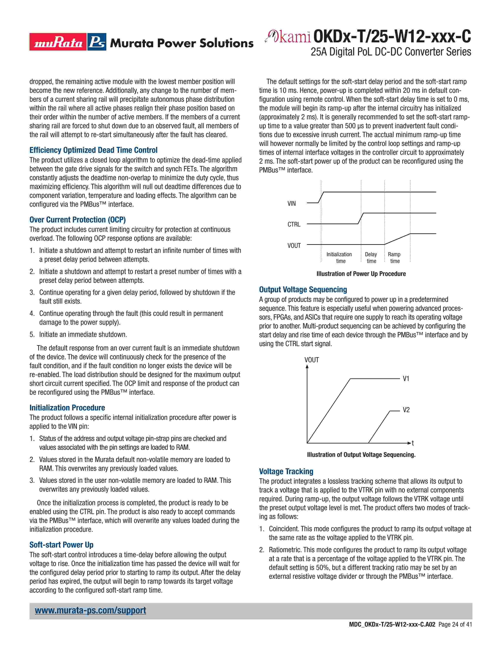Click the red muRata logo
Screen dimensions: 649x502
click(x=58, y=42)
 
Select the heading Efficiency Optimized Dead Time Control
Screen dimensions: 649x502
click(x=93, y=150)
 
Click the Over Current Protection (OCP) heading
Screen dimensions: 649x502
click(x=78, y=220)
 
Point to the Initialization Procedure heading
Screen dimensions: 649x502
click(x=67, y=407)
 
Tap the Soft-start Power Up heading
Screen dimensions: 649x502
click(x=61, y=545)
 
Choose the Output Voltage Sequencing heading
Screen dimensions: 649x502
click(x=303, y=289)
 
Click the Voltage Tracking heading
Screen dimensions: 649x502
click(x=286, y=471)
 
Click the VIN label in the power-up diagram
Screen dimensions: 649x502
click(x=291, y=204)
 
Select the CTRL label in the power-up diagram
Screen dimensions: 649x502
click(x=294, y=224)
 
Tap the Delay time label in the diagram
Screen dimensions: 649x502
click(x=371, y=258)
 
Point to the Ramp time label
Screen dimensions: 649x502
click(x=394, y=258)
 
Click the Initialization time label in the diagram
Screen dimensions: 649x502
click(x=339, y=258)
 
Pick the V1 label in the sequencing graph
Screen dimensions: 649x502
click(x=406, y=379)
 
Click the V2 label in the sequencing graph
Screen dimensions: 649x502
click(x=406, y=410)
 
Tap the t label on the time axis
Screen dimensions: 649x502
click(x=413, y=443)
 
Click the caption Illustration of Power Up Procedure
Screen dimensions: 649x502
click(x=361, y=274)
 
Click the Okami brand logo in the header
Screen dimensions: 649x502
click(x=288, y=37)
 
